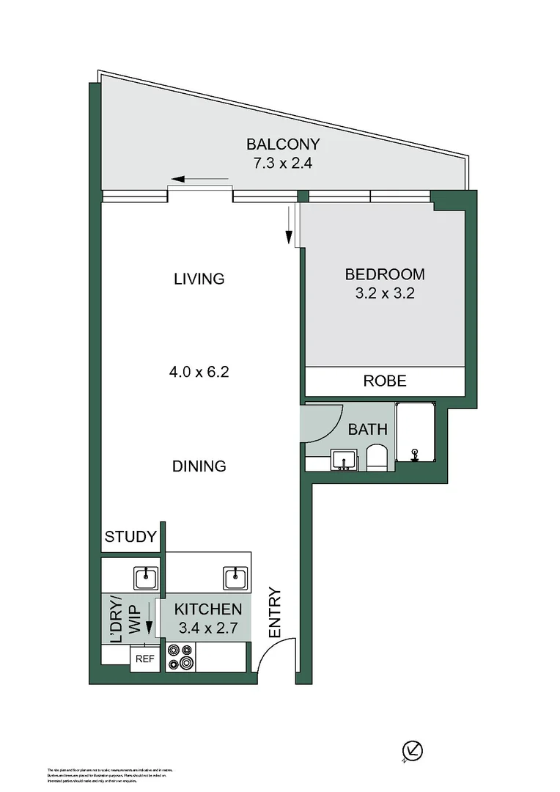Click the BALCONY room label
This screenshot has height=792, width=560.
283,144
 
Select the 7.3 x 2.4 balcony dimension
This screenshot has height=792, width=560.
283,164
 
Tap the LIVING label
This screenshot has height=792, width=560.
199,279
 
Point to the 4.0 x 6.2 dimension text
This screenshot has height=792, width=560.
199,372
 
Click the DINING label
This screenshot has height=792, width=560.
199,466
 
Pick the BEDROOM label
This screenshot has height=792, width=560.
385,275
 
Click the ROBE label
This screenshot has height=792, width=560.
385,381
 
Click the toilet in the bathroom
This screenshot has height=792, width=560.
376,456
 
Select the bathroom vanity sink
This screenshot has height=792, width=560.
343,460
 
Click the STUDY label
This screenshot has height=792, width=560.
130,537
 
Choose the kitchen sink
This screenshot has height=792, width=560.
236,578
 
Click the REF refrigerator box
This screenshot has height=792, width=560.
144,659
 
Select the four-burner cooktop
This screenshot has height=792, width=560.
180,657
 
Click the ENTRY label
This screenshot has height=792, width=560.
275,612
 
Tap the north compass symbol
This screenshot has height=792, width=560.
414,751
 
